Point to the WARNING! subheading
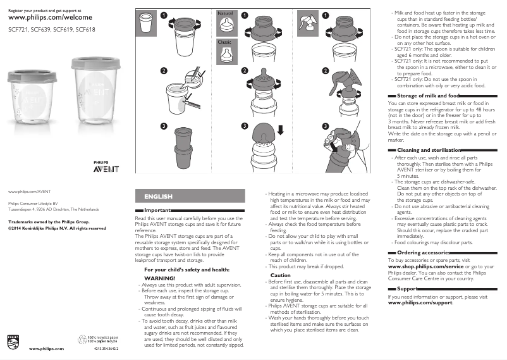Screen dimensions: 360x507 [x=160, y=278]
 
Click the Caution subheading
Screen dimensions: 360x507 [x=281, y=275]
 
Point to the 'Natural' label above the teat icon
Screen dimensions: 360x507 [x=225, y=13]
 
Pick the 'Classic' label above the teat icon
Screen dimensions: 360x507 [x=224, y=42]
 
